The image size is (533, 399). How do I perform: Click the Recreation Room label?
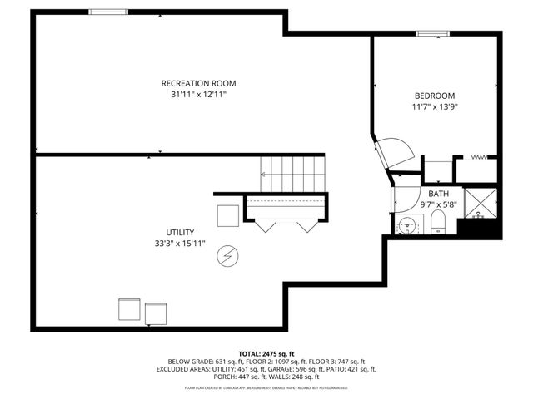pyautogui.click(x=198, y=83)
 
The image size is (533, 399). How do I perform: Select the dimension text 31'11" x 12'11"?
pyautogui.click(x=198, y=95)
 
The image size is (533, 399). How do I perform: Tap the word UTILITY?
pyautogui.click(x=179, y=232)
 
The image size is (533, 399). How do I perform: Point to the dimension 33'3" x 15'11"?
pyautogui.click(x=179, y=244)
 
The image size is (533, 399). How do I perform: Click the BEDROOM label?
pyautogui.click(x=435, y=95)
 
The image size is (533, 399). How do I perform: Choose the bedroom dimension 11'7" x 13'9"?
pyautogui.click(x=435, y=106)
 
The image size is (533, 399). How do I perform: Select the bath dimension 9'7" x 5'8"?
pyautogui.click(x=438, y=204)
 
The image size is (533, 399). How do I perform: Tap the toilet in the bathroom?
pyautogui.click(x=439, y=222)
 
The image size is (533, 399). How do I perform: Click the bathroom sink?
pyautogui.click(x=408, y=224)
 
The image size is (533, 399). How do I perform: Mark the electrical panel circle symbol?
pyautogui.click(x=226, y=258)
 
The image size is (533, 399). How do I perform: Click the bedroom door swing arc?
pyautogui.click(x=397, y=153)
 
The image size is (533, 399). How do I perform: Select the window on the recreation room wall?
pyautogui.click(x=108, y=11)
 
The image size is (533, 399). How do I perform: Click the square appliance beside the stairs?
pyautogui.click(x=228, y=215)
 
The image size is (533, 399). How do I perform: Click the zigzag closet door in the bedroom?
pyautogui.click(x=479, y=156)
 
